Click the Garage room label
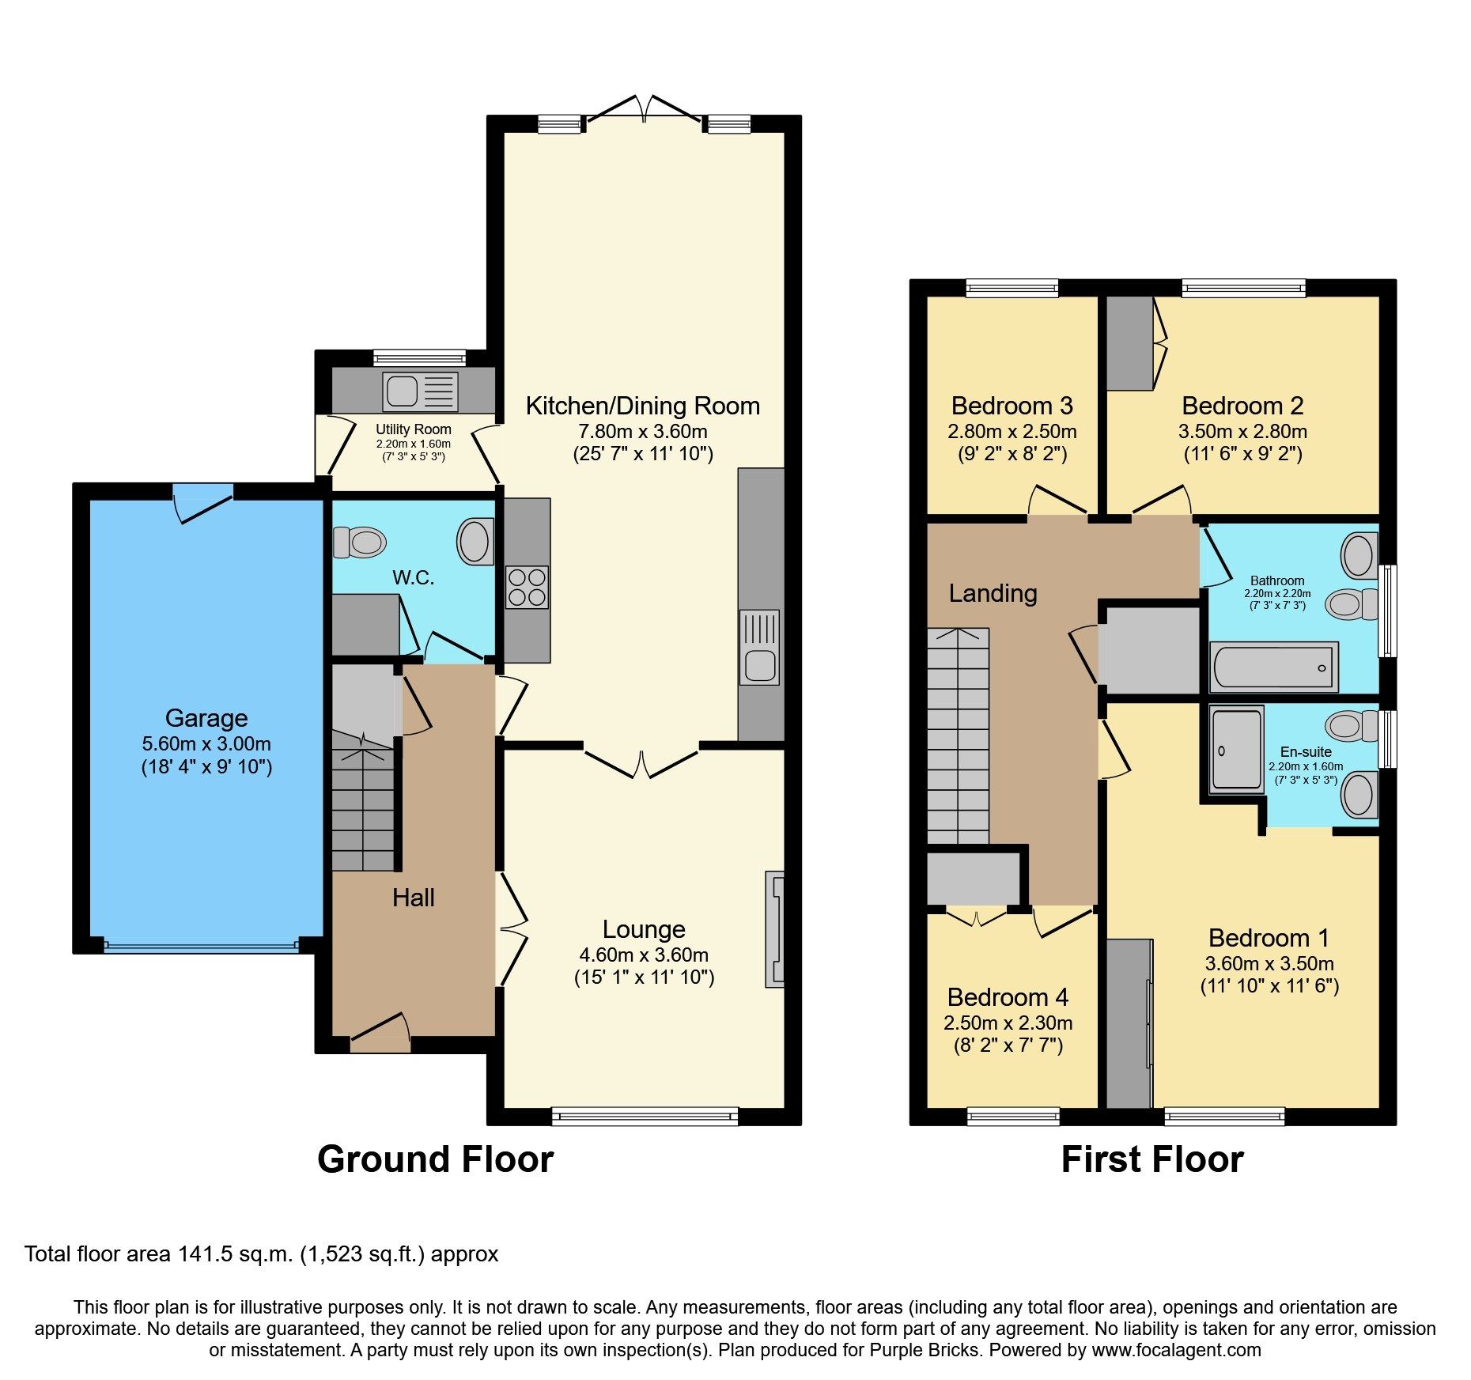pyautogui.click(x=206, y=717)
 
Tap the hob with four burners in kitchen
pyautogui.click(x=527, y=587)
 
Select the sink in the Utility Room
pyautogui.click(x=420, y=391)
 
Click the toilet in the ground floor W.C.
pyautogui.click(x=360, y=543)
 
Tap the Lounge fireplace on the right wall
pyautogui.click(x=775, y=928)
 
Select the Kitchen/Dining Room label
pyautogui.click(x=642, y=406)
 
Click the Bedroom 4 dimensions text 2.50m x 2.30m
pyautogui.click(x=1008, y=1023)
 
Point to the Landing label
pyautogui.click(x=993, y=593)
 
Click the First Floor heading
pyautogui.click(x=1151, y=1159)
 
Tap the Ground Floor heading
pyautogui.click(x=435, y=1159)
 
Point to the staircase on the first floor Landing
pyautogui.click(x=958, y=735)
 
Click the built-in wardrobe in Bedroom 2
pyautogui.click(x=1129, y=343)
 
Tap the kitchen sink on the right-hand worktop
pyautogui.click(x=759, y=662)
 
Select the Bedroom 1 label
pyautogui.click(x=1269, y=938)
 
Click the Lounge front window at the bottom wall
pyautogui.click(x=645, y=1116)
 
